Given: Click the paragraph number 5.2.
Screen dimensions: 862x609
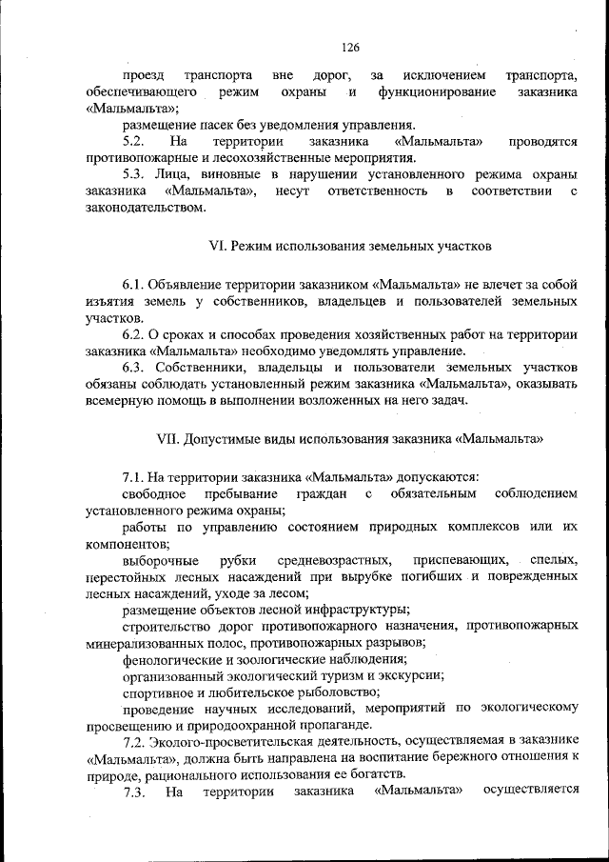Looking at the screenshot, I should (137, 141).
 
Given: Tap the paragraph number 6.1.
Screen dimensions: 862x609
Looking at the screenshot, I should (135, 285).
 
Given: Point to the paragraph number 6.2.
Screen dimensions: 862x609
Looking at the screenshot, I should (135, 334).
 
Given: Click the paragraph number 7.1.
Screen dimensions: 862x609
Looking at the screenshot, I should (135, 476).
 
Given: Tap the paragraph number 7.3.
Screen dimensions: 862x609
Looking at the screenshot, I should (135, 792).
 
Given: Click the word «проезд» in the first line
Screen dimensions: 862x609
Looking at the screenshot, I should (143, 74).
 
